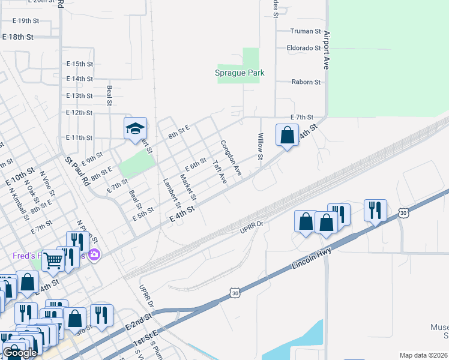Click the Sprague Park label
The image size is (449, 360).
pos(240,73)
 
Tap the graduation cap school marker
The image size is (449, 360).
pos(135,128)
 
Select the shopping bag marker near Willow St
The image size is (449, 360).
pos(288,134)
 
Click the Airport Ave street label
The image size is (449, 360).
pos(327,50)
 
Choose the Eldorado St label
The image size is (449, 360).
pos(304,47)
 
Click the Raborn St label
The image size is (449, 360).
pos(306,82)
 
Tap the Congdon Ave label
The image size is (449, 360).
pos(231,158)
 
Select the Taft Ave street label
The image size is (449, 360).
pos(220,172)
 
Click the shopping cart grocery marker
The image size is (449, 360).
pos(53,260)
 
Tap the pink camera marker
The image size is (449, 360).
pos(94,256)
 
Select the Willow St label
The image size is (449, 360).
pos(261,147)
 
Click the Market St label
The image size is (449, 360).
pos(188,187)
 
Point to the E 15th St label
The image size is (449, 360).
pos(79,64)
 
